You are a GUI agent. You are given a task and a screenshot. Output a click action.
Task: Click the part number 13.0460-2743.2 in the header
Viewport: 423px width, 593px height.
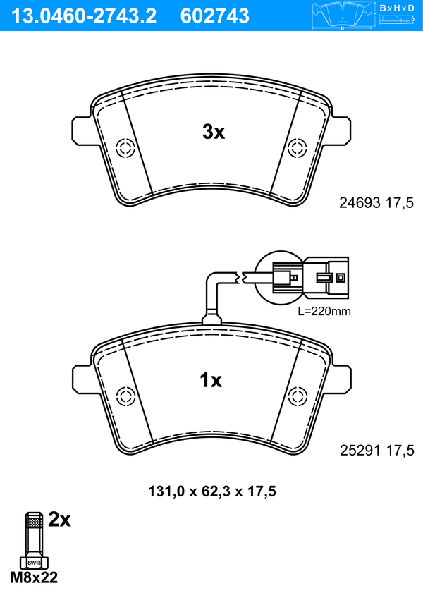coord(84,16)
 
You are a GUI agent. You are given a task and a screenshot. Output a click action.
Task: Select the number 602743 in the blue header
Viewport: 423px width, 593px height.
coord(215,16)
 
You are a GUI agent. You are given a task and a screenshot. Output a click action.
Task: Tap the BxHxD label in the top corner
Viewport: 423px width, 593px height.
coord(397,8)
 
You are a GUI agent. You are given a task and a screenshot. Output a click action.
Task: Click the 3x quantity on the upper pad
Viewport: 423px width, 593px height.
coord(214,132)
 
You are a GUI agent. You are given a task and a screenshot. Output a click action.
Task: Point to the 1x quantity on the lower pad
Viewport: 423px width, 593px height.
coord(211,379)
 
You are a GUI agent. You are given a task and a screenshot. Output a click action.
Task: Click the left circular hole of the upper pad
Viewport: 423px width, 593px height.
coord(125,148)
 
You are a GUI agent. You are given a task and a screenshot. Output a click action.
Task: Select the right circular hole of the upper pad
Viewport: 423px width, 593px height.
coord(297,148)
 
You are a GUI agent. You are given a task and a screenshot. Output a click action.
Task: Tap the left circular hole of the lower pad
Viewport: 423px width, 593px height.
coord(125,396)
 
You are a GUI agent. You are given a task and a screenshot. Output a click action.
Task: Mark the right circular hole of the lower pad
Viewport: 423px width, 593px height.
coord(297,396)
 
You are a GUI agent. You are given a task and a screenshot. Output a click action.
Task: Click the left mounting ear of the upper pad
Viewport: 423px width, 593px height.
coord(81,130)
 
